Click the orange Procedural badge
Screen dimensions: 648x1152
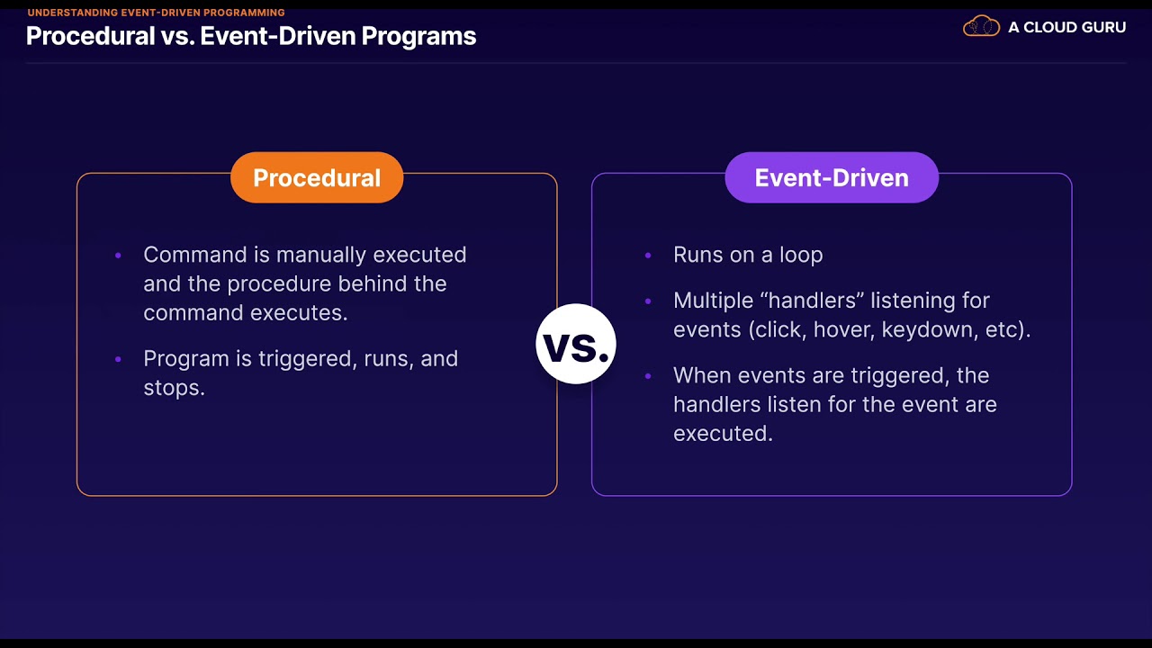point(317,177)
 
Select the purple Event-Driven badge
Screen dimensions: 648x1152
point(832,177)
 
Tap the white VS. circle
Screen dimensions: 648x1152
point(575,345)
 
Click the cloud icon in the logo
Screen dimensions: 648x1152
point(981,27)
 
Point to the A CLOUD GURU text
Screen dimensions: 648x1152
point(1066,28)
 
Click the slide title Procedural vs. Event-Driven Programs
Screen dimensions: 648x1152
point(251,36)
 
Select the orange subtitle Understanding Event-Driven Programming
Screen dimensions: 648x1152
point(156,13)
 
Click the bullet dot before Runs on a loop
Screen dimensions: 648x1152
point(648,256)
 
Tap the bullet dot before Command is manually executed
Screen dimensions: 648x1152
point(118,256)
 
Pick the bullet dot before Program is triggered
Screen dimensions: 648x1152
point(118,359)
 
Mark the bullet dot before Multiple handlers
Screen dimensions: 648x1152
point(648,301)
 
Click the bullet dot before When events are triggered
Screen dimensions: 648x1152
point(648,376)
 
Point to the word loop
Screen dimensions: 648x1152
point(801,256)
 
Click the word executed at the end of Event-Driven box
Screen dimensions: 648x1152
point(722,434)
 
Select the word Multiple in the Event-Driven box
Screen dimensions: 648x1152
point(710,301)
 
